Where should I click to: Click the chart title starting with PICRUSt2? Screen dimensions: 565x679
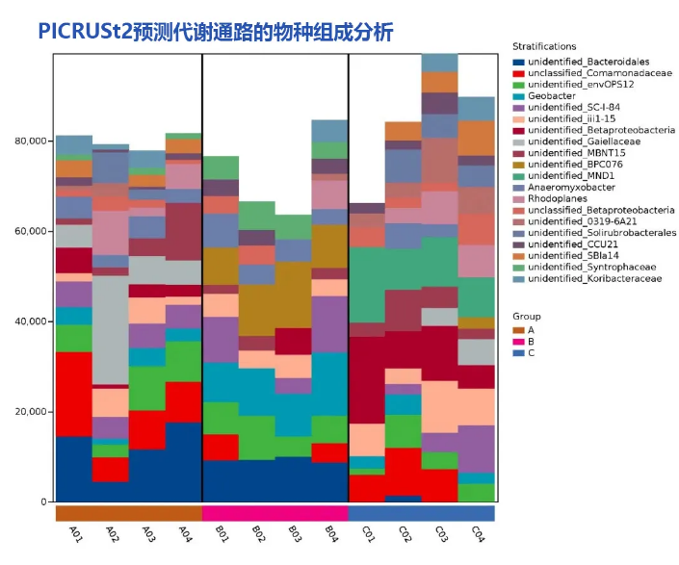(216, 32)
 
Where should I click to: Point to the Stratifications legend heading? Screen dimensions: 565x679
(544, 46)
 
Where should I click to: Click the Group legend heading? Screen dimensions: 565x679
(526, 316)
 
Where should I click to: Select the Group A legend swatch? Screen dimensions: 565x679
(519, 330)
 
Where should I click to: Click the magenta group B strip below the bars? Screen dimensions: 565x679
(274, 513)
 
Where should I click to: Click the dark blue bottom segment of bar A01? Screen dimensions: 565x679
(74, 470)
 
